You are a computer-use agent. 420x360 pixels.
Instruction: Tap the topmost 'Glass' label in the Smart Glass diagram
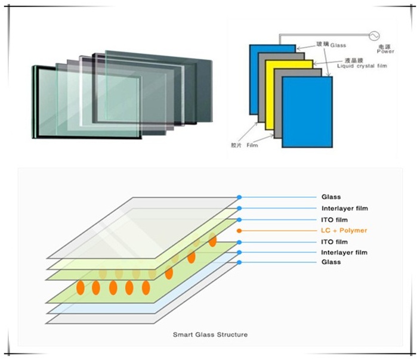[x=331, y=197]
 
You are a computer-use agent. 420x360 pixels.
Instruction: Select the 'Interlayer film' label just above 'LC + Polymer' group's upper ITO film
[x=344, y=208]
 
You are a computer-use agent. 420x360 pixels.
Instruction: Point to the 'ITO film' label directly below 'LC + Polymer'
[x=334, y=242]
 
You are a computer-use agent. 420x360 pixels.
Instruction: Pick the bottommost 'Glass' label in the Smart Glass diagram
[x=331, y=262]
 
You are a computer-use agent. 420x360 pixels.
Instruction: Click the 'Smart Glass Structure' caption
[x=210, y=334]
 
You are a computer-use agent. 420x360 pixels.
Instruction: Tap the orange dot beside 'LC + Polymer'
[x=239, y=231]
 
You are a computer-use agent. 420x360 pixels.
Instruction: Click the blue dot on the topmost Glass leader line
[x=239, y=197]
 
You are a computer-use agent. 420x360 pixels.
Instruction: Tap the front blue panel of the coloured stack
[x=307, y=113]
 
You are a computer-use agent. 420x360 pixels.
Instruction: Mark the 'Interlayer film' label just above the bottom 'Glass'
[x=344, y=253]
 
